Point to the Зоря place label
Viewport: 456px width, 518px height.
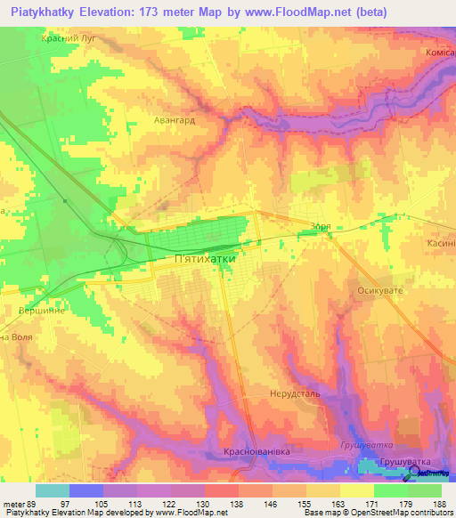322,227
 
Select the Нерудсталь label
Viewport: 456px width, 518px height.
293,393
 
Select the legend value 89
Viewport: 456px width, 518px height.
34,503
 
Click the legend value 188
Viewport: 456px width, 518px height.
441,503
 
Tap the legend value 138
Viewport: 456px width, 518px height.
237,503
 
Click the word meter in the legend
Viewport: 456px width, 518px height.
13,503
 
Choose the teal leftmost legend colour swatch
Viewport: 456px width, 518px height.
52,490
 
